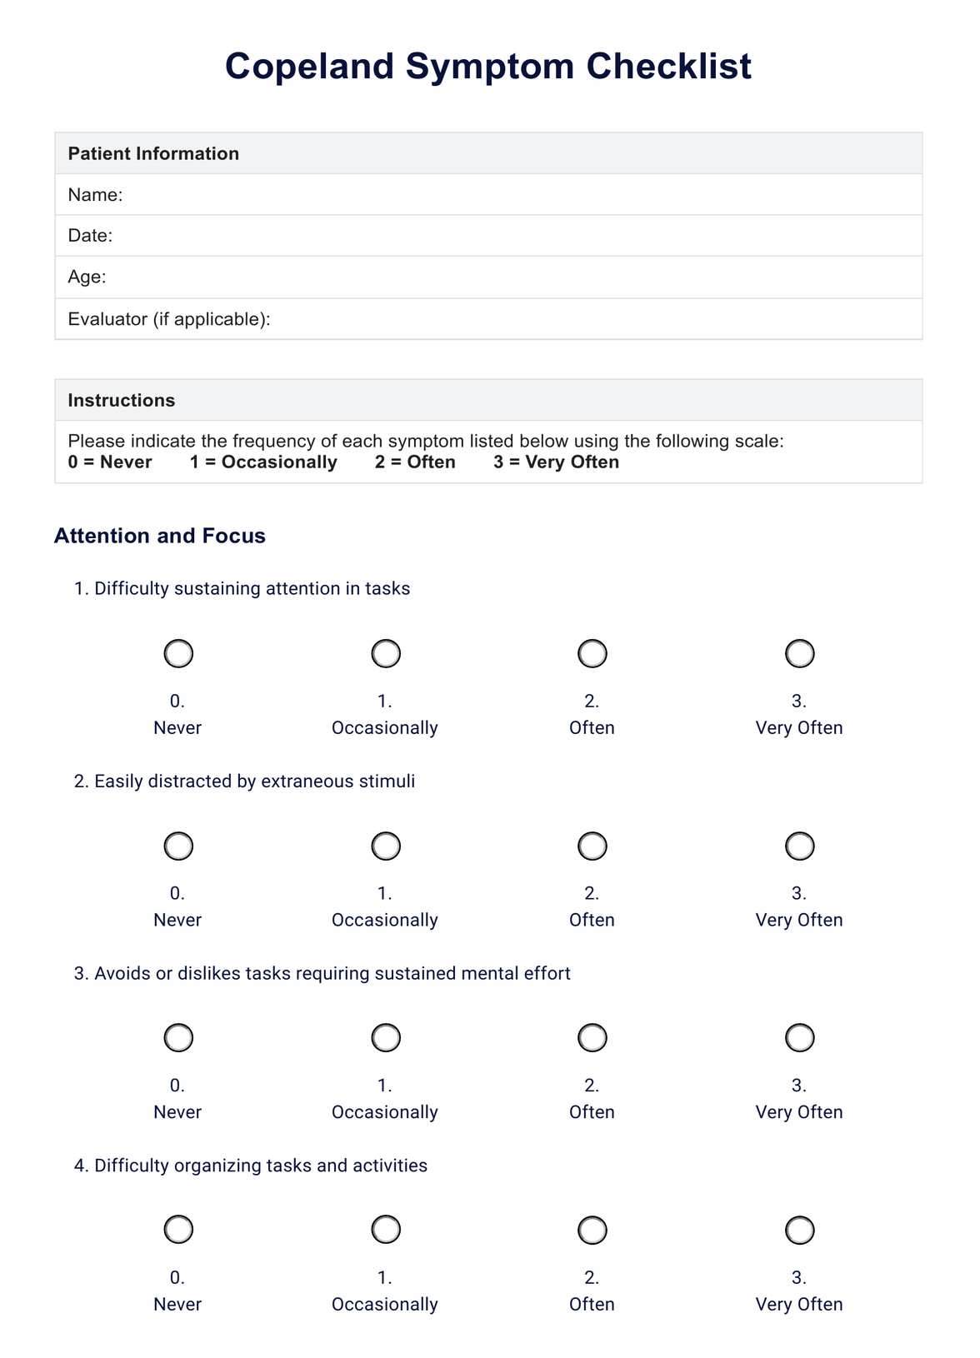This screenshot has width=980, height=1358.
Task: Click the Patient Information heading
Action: point(153,153)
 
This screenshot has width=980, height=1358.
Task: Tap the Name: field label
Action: point(95,195)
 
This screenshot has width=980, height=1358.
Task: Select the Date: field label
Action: point(90,236)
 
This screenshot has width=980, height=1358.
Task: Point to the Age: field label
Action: point(87,277)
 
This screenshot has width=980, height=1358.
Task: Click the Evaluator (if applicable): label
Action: point(169,319)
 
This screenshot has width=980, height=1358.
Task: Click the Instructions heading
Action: point(121,401)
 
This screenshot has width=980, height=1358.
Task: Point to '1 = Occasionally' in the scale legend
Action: point(263,462)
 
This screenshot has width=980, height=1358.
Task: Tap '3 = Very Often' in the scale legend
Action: point(556,462)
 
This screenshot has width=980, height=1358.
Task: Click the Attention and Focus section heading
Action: point(159,536)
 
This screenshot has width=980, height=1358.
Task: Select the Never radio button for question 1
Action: point(178,654)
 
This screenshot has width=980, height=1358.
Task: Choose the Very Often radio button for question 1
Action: point(799,654)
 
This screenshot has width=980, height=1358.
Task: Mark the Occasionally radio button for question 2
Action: point(386,846)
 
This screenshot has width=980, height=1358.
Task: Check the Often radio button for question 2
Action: point(592,846)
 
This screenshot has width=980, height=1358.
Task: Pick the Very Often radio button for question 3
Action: point(799,1038)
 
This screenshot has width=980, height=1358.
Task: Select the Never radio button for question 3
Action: point(178,1038)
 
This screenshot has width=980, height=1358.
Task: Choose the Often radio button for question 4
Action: point(592,1230)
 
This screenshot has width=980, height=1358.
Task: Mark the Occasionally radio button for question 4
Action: point(386,1230)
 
